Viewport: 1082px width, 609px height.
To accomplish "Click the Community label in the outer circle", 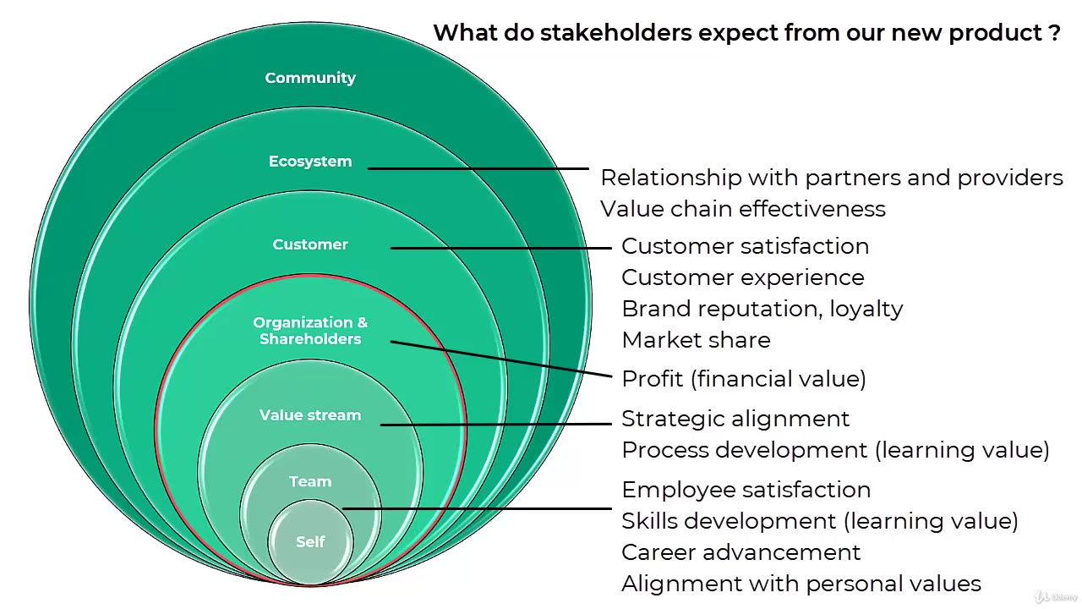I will coord(310,78).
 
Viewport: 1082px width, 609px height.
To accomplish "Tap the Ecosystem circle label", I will coord(310,162).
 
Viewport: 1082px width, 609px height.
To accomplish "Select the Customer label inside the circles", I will coord(310,244).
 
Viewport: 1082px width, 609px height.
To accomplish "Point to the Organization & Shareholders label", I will coord(310,331).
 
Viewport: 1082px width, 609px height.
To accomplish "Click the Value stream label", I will coord(310,415).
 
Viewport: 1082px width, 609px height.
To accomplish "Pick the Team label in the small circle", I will coord(310,481).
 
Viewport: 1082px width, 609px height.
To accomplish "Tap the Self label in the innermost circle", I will coord(310,542).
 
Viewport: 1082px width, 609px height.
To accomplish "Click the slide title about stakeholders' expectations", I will coord(746,33).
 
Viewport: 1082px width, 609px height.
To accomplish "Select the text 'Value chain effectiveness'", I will coord(743,209).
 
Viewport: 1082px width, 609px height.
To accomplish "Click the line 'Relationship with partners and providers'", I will coord(832,178).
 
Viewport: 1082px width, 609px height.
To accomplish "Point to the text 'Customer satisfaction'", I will coord(745,246).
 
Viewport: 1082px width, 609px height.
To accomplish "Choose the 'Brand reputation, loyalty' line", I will coord(762,309).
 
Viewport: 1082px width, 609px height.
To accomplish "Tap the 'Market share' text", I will coord(696,340).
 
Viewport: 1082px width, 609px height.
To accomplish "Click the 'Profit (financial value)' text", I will coord(744,379).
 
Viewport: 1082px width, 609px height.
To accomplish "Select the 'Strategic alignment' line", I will coord(735,419).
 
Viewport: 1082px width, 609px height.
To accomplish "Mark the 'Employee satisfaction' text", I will coord(746,490).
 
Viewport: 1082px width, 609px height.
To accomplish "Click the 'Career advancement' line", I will coord(740,552).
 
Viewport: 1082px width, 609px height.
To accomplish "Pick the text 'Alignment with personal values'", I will coord(801,584).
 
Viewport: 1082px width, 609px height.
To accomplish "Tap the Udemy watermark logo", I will coord(1054,595).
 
